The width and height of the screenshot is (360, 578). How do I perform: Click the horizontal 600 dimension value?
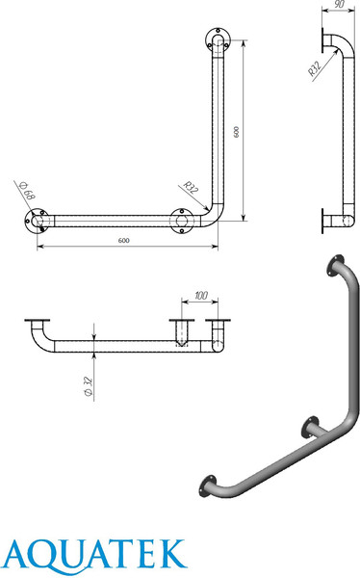[124, 240]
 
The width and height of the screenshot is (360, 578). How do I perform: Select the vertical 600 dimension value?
[236, 132]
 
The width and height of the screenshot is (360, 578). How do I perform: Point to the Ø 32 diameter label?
[88, 386]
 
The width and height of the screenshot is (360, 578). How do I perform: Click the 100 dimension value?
[201, 296]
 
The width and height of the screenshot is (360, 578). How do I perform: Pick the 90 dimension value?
[340, 5]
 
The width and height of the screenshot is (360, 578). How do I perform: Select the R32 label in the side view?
[315, 67]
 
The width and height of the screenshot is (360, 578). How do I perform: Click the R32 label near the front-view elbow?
[191, 187]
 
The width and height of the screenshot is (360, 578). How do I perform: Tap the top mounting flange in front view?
[218, 39]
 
